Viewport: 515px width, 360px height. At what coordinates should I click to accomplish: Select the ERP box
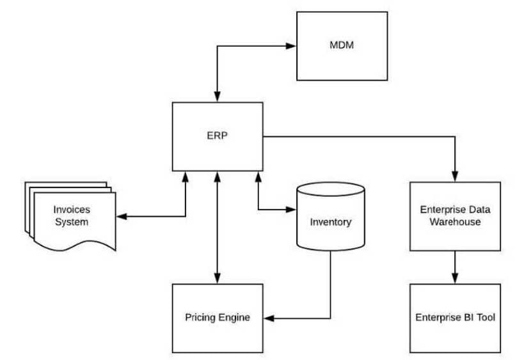[218, 136]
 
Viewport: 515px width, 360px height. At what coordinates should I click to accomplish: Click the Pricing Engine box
[218, 317]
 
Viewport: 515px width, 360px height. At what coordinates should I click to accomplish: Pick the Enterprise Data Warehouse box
[455, 215]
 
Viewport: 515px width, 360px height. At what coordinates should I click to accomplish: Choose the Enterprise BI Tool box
[455, 317]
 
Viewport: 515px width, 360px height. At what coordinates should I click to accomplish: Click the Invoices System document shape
[71, 216]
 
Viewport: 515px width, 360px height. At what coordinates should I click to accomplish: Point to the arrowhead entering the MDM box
[292, 46]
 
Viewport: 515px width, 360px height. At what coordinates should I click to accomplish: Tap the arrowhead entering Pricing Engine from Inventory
[268, 317]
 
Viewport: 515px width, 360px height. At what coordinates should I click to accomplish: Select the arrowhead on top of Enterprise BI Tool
[455, 278]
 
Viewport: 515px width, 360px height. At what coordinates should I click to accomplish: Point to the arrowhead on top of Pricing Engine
[218, 279]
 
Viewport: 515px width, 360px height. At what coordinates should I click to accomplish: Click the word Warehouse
[455, 223]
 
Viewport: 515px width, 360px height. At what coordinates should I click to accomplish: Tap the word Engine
[235, 317]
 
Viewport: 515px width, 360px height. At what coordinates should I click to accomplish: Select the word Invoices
[71, 210]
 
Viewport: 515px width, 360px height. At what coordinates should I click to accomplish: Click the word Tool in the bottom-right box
[484, 317]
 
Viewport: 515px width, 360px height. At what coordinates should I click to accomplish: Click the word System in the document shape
[71, 223]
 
